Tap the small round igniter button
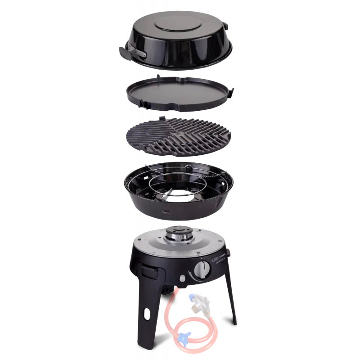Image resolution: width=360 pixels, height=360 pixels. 183,278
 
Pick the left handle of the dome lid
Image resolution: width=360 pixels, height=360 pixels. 131,53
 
